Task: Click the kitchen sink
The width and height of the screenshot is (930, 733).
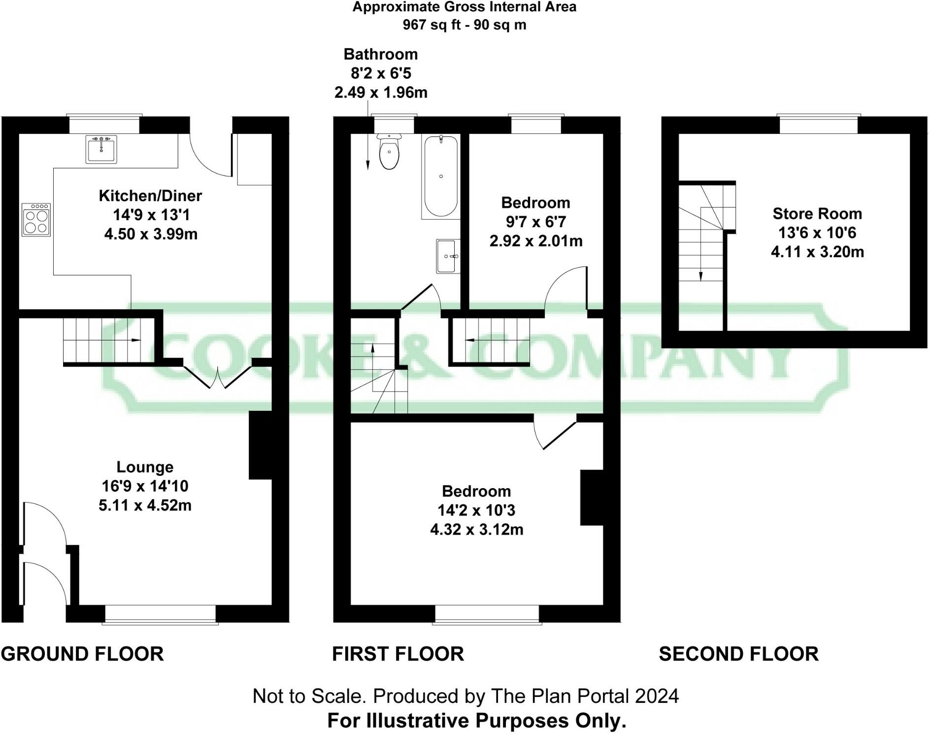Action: (x=101, y=149)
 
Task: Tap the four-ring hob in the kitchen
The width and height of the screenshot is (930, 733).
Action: (x=36, y=220)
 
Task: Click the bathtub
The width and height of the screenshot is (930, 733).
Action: (x=440, y=176)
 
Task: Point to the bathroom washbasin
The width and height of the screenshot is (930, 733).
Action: (x=448, y=256)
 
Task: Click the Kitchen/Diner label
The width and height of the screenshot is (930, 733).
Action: (x=150, y=196)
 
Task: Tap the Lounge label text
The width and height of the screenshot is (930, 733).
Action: (x=145, y=467)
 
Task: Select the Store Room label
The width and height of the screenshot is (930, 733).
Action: (x=817, y=213)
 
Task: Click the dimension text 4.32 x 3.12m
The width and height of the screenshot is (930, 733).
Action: (x=476, y=530)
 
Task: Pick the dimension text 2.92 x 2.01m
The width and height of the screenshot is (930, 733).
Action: (x=536, y=241)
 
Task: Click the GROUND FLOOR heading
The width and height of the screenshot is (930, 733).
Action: (x=82, y=654)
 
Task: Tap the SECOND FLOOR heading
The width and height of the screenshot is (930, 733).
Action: (x=738, y=654)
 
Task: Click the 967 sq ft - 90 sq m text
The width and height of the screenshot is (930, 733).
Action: (x=464, y=25)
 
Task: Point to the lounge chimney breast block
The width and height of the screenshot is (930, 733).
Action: (x=261, y=445)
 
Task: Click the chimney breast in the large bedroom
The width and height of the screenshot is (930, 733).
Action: (x=592, y=498)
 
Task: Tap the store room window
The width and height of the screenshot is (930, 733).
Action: (x=818, y=125)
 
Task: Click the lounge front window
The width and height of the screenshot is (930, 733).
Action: (x=160, y=614)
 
